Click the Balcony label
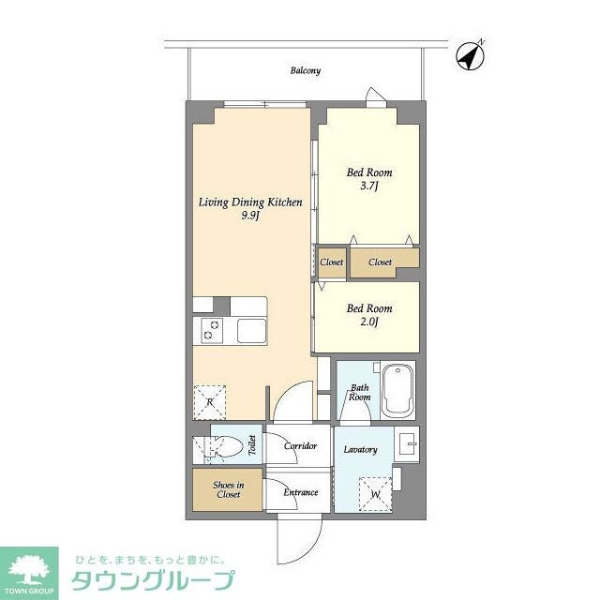pos(306,70)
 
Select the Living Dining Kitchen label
pos(249,202)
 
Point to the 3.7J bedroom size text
pos(369,187)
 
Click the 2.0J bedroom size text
pos(369,323)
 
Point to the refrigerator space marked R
pos(210,402)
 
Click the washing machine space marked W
pos(375,494)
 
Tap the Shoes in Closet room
pos(229,489)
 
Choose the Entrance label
pos(300,492)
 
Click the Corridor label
pos(300,446)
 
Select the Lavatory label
pos(360,450)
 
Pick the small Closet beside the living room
pos(331,262)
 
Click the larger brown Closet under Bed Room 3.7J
pos(381,262)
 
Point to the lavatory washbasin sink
pos(405,442)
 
